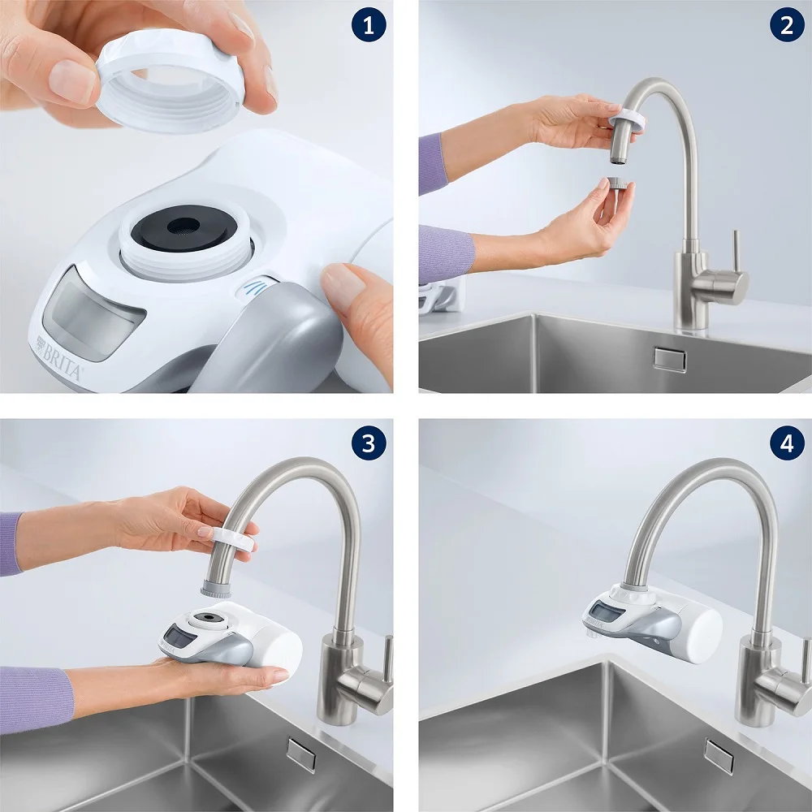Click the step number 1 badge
coord(369,26)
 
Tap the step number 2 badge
coord(786,26)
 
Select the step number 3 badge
coord(369,443)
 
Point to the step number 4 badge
coord(786,443)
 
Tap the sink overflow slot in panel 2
coord(669,358)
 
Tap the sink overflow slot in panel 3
coord(300,754)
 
